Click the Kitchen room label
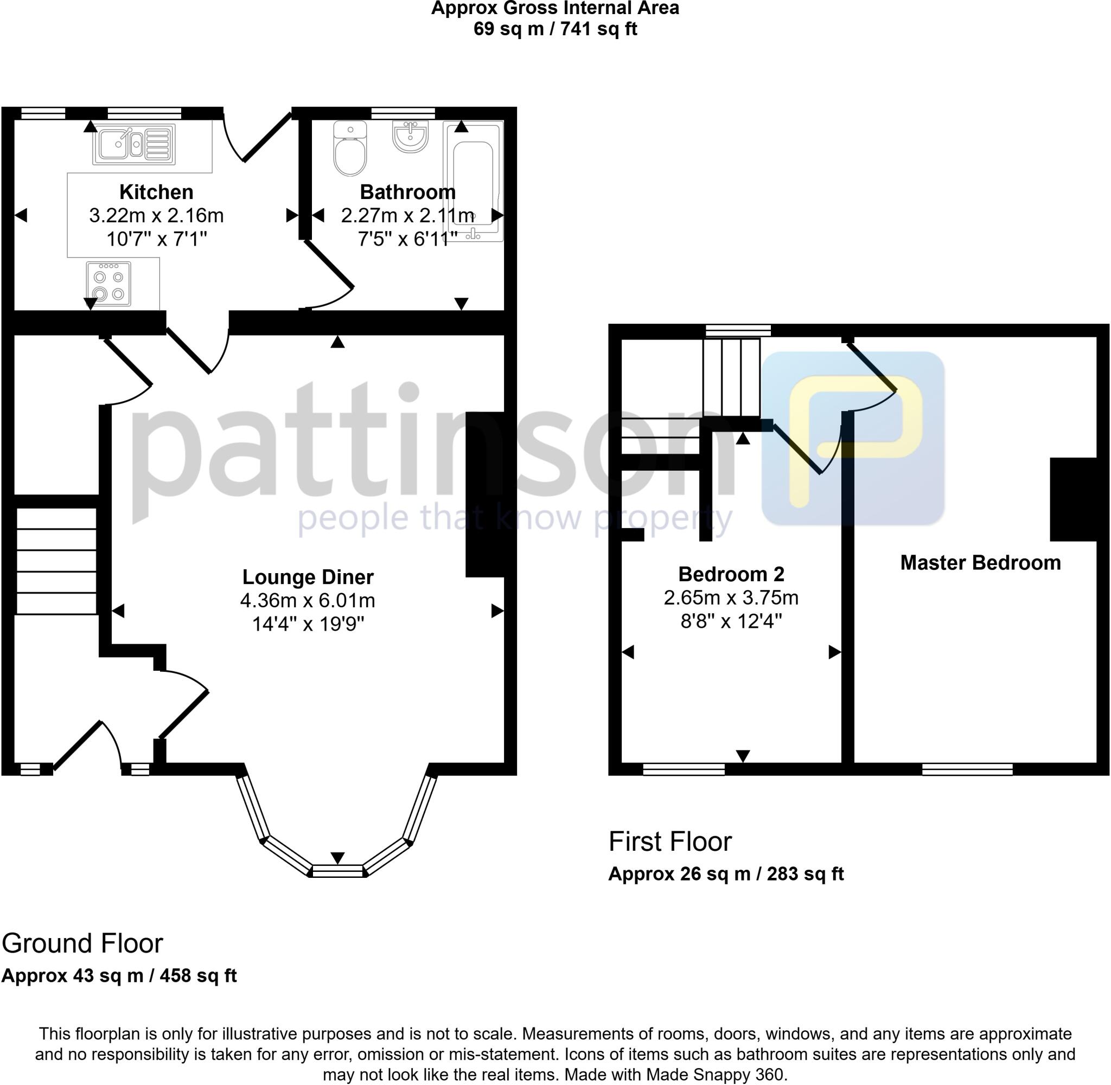click(x=156, y=192)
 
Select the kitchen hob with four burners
click(x=108, y=284)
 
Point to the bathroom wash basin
click(x=410, y=137)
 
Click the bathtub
click(x=473, y=181)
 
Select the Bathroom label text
click(x=407, y=192)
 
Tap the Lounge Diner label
click(x=308, y=577)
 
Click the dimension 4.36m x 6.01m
click(x=308, y=601)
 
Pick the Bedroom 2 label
click(x=731, y=573)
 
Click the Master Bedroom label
click(x=980, y=562)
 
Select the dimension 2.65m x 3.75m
click(x=731, y=597)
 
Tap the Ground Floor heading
click(x=82, y=943)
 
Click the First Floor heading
click(x=670, y=841)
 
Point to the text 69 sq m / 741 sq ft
click(x=554, y=29)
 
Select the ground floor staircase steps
click(x=56, y=561)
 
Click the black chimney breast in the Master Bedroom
click(x=1074, y=499)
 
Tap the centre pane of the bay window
click(x=337, y=870)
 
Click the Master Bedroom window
click(x=967, y=770)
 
